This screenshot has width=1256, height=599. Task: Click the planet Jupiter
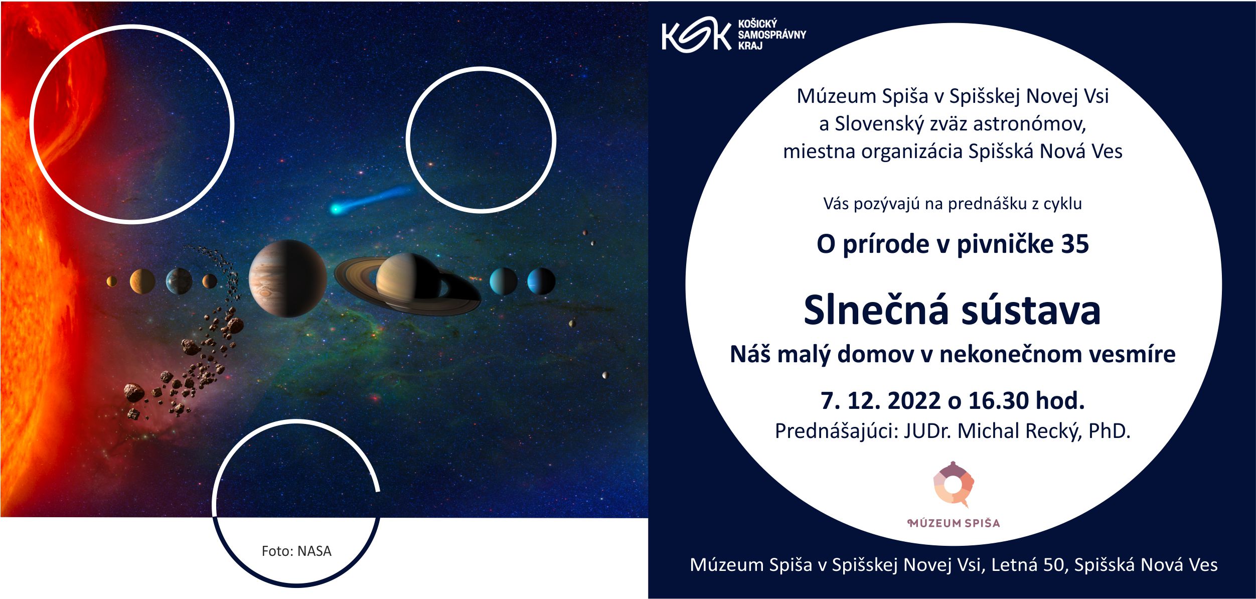click(288, 278)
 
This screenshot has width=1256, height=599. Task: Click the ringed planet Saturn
click(407, 284)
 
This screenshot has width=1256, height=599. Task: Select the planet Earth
click(179, 281)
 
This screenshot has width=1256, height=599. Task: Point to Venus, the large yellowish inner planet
click(142, 281)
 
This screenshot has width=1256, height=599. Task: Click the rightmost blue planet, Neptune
click(541, 281)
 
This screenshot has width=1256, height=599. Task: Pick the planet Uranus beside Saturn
click(503, 281)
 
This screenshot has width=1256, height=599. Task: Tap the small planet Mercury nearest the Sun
click(112, 281)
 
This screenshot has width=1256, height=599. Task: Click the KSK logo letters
click(696, 35)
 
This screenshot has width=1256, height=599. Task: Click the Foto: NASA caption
click(296, 551)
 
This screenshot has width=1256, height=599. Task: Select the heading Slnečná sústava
click(952, 310)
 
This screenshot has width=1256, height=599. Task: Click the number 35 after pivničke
click(1074, 244)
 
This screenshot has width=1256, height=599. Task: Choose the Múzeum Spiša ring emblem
click(953, 484)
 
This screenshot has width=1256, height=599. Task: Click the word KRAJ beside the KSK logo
click(750, 46)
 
